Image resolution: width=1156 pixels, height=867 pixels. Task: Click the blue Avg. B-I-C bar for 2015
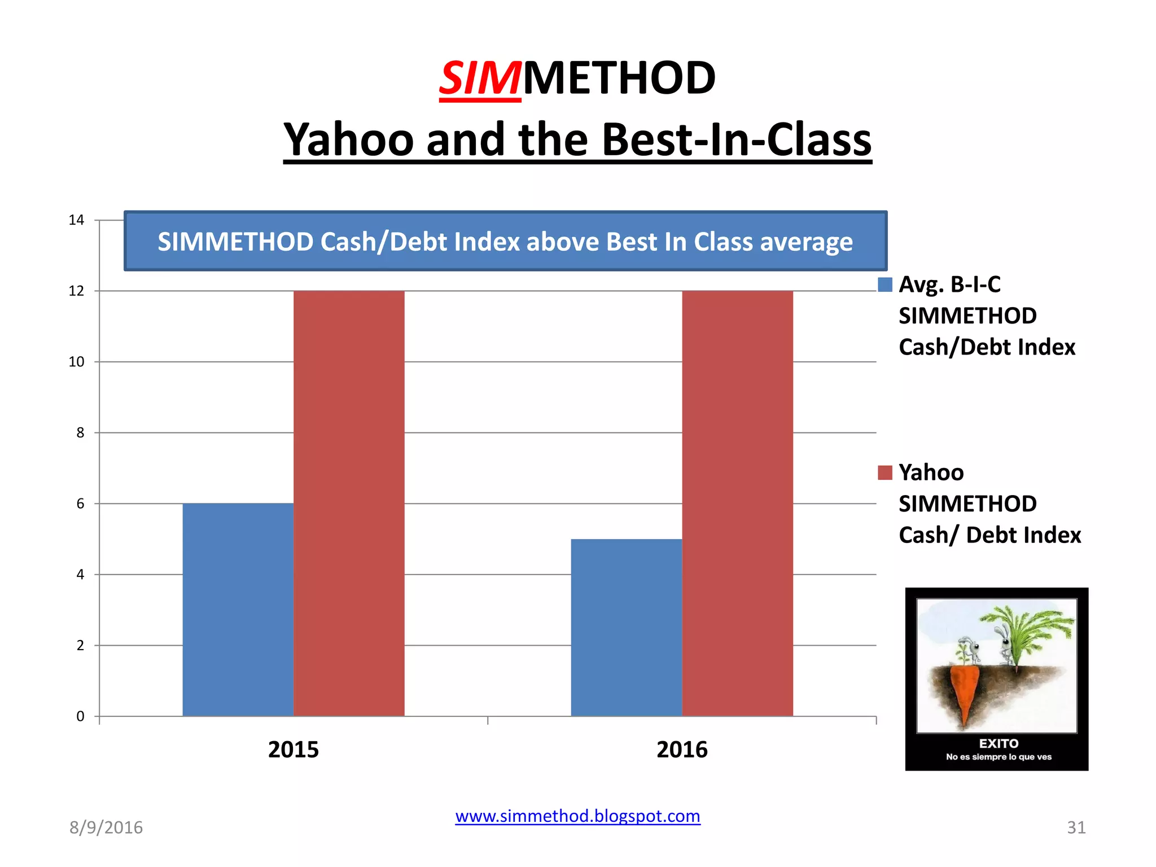238,610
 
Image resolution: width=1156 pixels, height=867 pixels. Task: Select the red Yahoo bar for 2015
349,503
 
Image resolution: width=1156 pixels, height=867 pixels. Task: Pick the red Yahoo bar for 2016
737,503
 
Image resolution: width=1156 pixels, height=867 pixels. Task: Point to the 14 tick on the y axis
76,220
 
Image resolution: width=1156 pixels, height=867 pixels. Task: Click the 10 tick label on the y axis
76,362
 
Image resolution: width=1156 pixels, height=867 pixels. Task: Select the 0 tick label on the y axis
80,716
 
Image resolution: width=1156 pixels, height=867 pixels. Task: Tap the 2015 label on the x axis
293,750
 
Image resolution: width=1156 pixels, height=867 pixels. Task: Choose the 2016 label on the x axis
682,750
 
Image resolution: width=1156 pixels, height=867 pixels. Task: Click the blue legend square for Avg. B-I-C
885,284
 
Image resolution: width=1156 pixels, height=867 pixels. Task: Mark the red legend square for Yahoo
885,472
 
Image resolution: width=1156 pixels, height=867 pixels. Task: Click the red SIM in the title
480,78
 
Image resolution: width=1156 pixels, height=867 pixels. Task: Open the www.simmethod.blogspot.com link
577,816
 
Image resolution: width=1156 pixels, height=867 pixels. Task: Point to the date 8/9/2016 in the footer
106,827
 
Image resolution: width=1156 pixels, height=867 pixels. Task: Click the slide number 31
1076,827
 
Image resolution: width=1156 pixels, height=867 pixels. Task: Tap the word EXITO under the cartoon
999,743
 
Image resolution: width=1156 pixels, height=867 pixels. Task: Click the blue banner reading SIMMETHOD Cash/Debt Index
505,242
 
